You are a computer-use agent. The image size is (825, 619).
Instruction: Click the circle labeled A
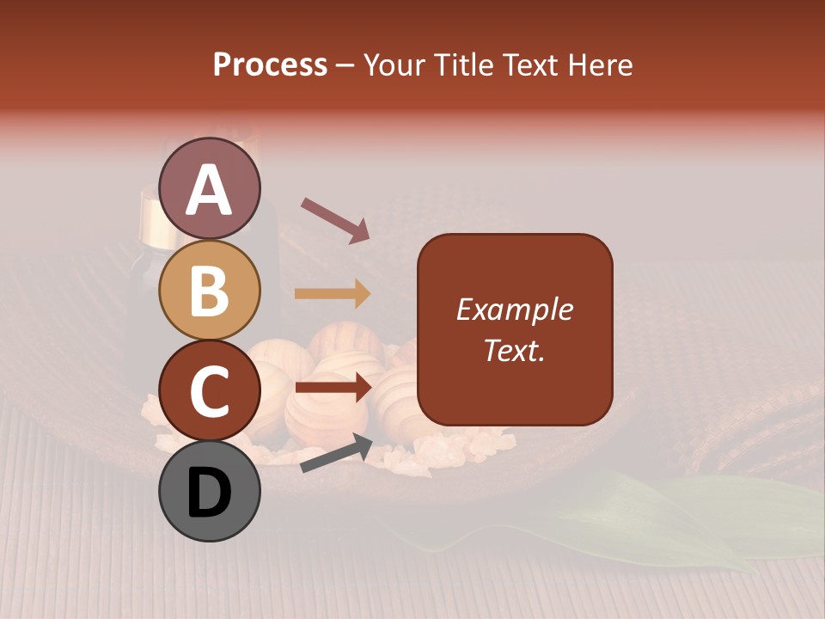[x=209, y=188]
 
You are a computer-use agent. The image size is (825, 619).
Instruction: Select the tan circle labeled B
[x=209, y=290]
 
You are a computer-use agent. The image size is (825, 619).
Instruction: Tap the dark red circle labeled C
[x=209, y=390]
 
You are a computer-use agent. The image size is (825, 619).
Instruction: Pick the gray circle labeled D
[x=209, y=491]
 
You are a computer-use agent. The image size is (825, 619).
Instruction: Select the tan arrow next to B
[x=332, y=294]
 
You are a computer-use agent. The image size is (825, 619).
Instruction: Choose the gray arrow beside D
[x=336, y=454]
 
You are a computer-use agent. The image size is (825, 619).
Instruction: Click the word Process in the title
[x=270, y=64]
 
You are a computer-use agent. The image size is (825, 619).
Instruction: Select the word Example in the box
[x=514, y=309]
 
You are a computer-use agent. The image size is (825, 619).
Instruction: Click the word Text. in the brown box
[x=514, y=350]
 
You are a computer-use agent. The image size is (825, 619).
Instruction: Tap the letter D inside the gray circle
[x=209, y=493]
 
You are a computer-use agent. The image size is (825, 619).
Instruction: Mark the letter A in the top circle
[x=209, y=189]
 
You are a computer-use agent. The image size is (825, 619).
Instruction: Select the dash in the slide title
[x=345, y=66]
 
